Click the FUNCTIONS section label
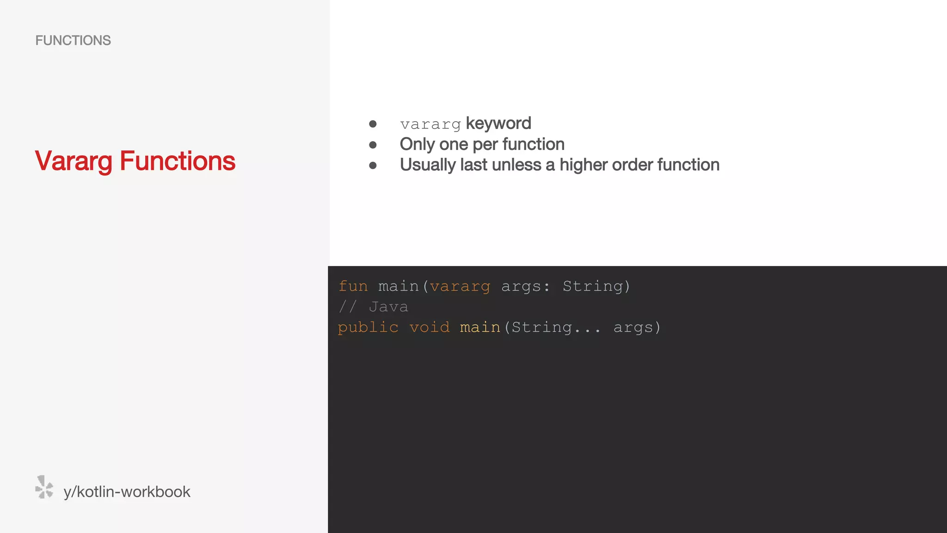(x=73, y=41)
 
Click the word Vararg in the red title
(x=74, y=161)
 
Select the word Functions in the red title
(x=178, y=161)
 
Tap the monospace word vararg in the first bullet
(x=430, y=124)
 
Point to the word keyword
(x=498, y=124)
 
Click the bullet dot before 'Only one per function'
(x=373, y=145)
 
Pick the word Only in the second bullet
(x=417, y=144)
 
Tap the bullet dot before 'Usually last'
(x=373, y=165)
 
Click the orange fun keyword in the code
(x=353, y=286)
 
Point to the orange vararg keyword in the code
(x=460, y=287)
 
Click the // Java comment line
(x=374, y=307)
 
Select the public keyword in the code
(x=368, y=328)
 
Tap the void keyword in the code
(x=430, y=328)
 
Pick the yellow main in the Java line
(x=480, y=328)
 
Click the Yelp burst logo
(x=44, y=487)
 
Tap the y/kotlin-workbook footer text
(x=127, y=492)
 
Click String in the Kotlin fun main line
(x=593, y=286)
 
